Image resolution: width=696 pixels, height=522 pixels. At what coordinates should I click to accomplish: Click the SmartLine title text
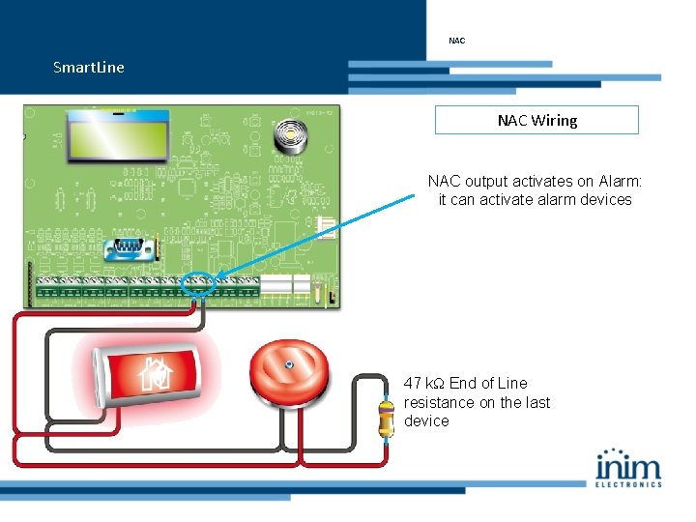coord(89,68)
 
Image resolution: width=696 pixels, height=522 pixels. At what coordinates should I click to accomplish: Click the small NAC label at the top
coord(457,41)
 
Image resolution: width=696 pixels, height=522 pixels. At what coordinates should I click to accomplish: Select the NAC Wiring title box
coord(536,120)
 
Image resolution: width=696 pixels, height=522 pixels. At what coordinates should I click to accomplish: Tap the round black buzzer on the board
coord(287,136)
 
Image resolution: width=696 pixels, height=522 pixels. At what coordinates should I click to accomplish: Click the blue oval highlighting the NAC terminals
coord(200,284)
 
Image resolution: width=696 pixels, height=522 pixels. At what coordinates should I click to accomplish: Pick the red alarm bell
coord(290,373)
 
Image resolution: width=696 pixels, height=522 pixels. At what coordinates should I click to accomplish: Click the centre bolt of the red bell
coord(289,365)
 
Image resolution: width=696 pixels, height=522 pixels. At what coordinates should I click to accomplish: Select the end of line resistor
coord(387,417)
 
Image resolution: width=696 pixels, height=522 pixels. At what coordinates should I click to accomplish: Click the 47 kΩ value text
coord(424,383)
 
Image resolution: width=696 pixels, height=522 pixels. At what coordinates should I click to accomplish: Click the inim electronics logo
coord(629,468)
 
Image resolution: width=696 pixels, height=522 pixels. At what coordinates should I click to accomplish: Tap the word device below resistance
coord(426,421)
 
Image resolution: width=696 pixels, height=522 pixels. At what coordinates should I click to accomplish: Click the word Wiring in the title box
coord(555,120)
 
